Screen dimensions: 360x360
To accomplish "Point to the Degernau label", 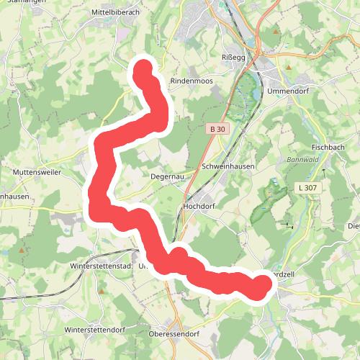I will pos(168,175).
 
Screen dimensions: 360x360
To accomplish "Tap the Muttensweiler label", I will pos(36,173).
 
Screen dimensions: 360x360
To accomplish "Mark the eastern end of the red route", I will pos(261,286).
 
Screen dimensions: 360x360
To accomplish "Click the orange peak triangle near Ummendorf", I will pos(288,68).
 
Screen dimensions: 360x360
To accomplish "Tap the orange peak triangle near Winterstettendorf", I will pos(102,291).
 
